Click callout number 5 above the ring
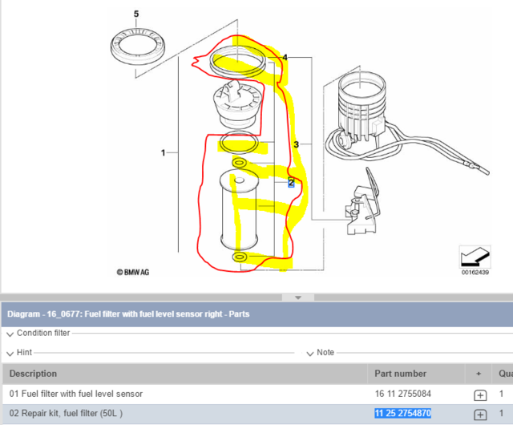coord(135,14)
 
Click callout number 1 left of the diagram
coord(164,152)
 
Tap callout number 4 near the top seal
coord(285,58)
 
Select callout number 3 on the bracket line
coord(296,144)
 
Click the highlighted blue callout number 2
coord(292,183)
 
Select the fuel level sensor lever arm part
coord(361,204)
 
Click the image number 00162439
coord(475,273)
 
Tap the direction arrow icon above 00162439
coord(474,257)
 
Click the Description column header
coord(33,373)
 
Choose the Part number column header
coord(400,373)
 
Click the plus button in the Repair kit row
coord(480,415)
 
